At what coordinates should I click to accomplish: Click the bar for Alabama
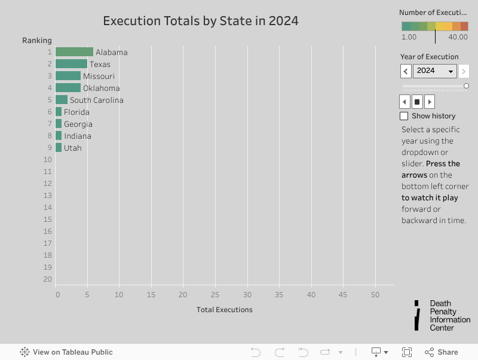(x=74, y=52)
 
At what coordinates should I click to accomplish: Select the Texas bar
(x=71, y=64)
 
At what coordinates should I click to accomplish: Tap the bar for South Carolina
(x=62, y=100)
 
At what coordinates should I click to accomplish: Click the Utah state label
(x=73, y=148)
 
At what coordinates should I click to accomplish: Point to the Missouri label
(x=99, y=76)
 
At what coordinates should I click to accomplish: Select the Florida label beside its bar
(x=76, y=112)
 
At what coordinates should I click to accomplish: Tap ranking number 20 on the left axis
(x=48, y=279)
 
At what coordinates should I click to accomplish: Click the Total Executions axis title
(x=224, y=310)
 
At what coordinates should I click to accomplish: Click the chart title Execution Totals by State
(x=201, y=21)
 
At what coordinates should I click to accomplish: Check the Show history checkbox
(x=404, y=116)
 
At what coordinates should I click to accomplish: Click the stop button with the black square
(x=417, y=102)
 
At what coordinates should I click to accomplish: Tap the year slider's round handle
(x=466, y=86)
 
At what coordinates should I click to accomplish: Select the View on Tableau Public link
(x=66, y=352)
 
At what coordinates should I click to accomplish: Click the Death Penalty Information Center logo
(x=442, y=315)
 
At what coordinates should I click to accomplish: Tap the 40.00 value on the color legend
(x=458, y=37)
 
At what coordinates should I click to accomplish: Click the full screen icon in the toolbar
(x=407, y=352)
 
